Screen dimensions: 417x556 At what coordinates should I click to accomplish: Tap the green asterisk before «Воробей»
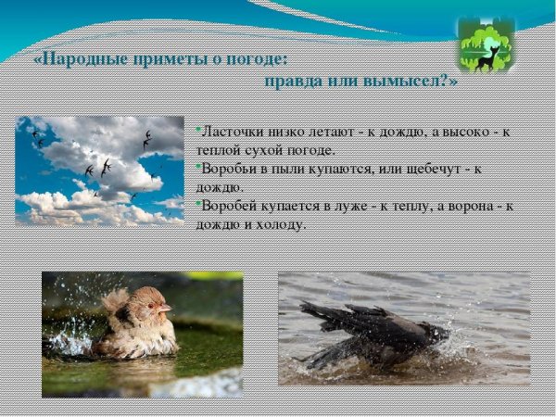(x=198, y=203)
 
